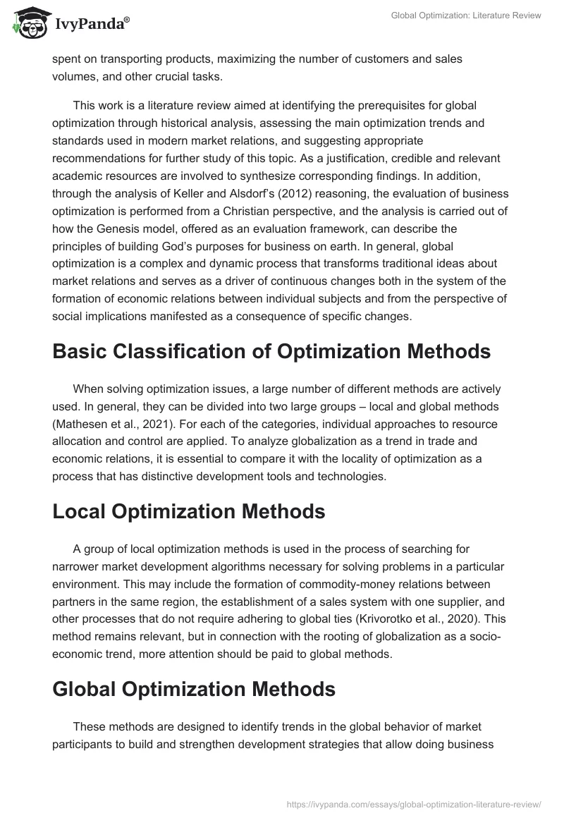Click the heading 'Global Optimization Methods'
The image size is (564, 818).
coord(193,689)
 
